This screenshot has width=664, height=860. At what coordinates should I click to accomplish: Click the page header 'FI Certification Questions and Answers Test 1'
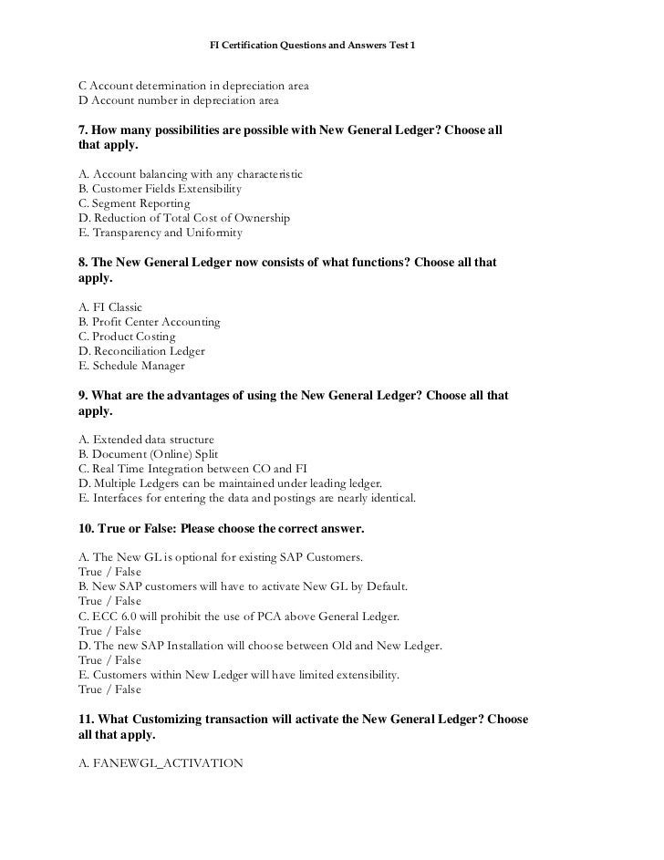[x=312, y=44]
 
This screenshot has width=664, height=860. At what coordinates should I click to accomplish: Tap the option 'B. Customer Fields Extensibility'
[x=161, y=189]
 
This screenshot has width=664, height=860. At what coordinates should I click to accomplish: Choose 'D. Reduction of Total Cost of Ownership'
[x=184, y=218]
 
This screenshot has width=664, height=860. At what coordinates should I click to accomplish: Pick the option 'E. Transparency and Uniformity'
[x=161, y=233]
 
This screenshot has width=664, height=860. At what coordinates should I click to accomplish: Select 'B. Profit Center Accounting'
[x=150, y=322]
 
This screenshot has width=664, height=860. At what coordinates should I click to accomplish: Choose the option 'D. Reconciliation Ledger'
[x=142, y=351]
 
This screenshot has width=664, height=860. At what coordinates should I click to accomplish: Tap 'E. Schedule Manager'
[x=132, y=366]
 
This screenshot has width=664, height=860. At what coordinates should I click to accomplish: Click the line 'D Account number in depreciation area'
[x=179, y=100]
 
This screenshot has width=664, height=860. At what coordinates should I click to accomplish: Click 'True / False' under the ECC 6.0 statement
[x=110, y=631]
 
